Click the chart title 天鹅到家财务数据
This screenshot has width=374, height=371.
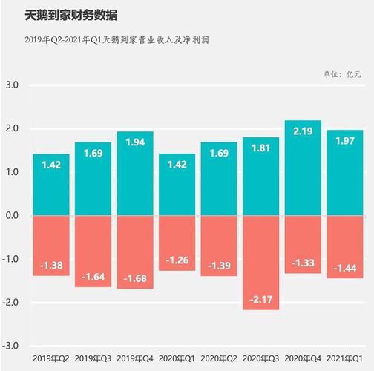point(65,15)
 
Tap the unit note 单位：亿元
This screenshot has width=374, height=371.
point(341,74)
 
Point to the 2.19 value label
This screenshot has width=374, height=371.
point(303,131)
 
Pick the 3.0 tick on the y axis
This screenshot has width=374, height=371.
point(13,85)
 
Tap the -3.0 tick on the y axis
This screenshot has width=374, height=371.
point(12,347)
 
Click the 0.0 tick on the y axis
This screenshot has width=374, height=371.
point(13,216)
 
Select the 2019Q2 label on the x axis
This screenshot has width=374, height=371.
point(51,358)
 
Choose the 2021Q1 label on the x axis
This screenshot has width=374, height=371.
point(344,358)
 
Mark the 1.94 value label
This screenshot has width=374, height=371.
point(135,142)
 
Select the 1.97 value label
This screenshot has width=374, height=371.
point(344,140)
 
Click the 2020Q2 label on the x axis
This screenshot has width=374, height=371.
point(219,358)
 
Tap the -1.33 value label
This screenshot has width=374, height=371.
point(303,263)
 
